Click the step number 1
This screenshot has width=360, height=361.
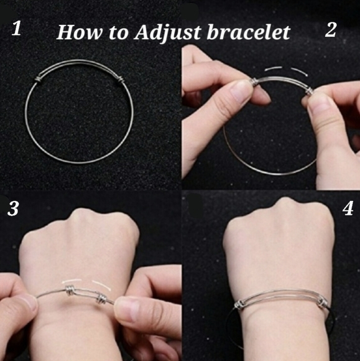click(x=17, y=28)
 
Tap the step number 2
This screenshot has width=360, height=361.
click(x=331, y=29)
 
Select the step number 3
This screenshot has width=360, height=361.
click(x=13, y=209)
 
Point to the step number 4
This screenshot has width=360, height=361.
click(x=348, y=209)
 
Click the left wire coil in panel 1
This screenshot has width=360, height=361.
click(x=39, y=80)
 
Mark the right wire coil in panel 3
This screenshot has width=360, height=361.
click(x=101, y=299)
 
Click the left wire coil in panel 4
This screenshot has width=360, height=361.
click(x=239, y=304)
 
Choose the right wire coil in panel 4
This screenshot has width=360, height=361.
click(x=323, y=304)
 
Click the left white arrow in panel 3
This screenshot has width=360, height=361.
click(x=72, y=281)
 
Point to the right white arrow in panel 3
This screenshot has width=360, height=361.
click(x=102, y=284)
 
